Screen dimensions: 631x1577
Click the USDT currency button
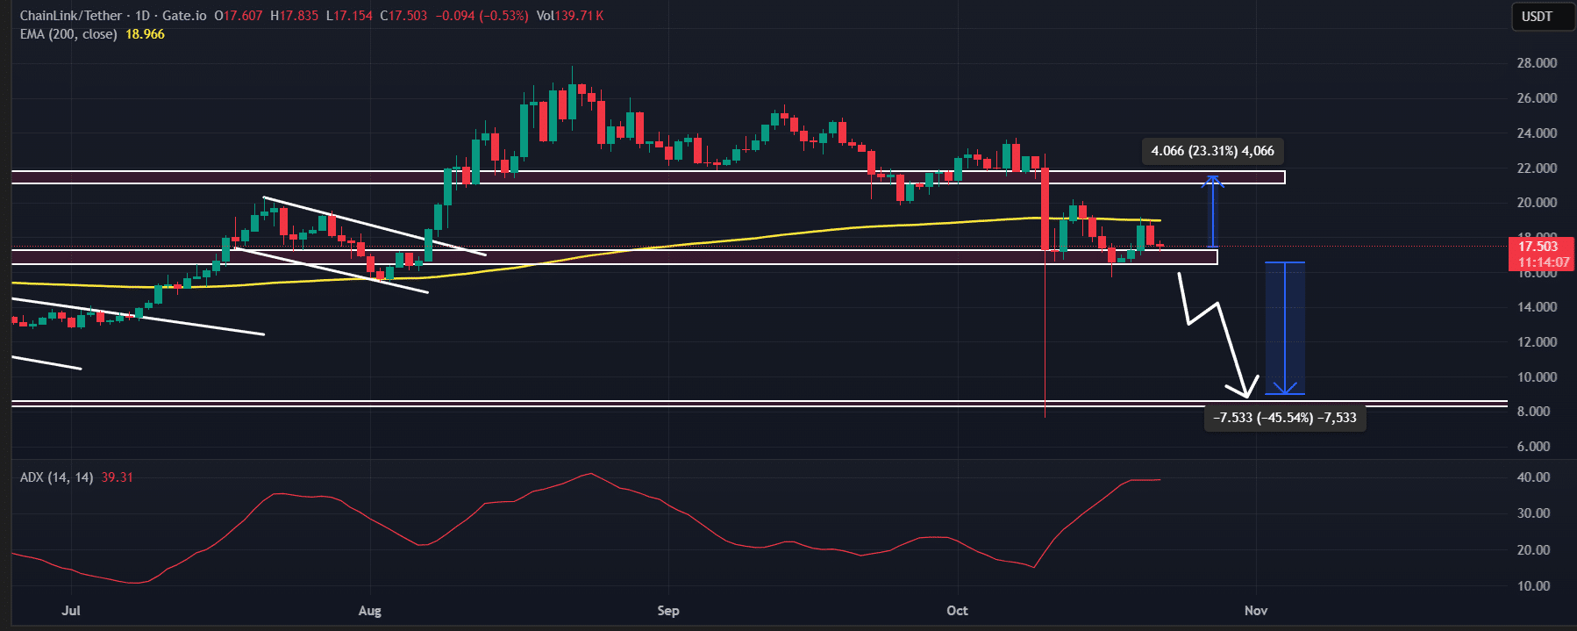[x=1536, y=17]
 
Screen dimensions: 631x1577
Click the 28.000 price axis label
[x=1537, y=63]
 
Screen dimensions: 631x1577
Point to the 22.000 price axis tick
[x=1537, y=168]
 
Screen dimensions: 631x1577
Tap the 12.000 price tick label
[x=1537, y=341]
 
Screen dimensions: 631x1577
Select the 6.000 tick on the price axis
[x=1537, y=446]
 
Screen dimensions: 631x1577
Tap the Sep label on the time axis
[x=668, y=610]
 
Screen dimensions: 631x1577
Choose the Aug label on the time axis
[x=370, y=610]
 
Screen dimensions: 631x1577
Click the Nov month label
[x=1256, y=610]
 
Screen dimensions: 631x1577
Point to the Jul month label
[x=71, y=610]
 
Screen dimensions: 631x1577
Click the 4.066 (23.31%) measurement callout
[x=1212, y=151]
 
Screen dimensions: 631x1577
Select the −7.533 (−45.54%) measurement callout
[x=1285, y=417]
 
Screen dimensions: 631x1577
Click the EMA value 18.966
[x=145, y=34]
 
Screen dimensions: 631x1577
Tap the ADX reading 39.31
[x=117, y=477]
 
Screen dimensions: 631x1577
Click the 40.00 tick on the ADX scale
[x=1533, y=477]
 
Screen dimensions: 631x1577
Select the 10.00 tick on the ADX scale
[x=1533, y=585]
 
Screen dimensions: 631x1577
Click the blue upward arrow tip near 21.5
[x=1213, y=178]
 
